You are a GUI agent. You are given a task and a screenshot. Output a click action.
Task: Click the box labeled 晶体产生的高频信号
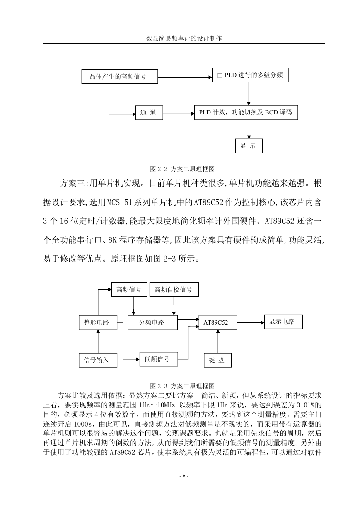(x=119, y=77)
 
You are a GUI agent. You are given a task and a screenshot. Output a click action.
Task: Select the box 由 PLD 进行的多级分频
(x=250, y=75)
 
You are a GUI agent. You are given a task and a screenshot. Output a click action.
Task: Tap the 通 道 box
(x=149, y=112)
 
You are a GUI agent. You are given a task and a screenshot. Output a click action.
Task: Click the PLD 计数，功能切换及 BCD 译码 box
(x=246, y=112)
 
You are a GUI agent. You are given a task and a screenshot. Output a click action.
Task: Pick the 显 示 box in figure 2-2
(x=249, y=146)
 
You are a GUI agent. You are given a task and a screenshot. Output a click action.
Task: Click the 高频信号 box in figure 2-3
(x=129, y=289)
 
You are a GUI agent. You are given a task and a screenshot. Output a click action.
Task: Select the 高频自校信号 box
(x=174, y=289)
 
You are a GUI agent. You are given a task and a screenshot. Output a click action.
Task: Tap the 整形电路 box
(x=98, y=322)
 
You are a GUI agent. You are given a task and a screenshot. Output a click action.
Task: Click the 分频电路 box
(x=152, y=322)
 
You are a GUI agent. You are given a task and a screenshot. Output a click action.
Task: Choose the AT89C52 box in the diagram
(x=218, y=322)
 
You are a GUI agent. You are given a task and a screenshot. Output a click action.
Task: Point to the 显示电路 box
(x=283, y=322)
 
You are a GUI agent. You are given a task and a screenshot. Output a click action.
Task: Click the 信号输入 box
(x=98, y=360)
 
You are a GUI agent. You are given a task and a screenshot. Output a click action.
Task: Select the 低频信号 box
(x=159, y=359)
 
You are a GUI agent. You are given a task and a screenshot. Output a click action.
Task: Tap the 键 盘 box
(x=217, y=360)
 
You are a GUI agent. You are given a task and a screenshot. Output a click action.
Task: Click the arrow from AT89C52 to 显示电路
(x=251, y=322)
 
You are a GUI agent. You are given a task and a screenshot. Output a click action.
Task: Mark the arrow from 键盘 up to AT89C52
(x=218, y=341)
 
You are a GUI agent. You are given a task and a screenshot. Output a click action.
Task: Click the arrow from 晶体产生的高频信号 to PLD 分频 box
(x=185, y=77)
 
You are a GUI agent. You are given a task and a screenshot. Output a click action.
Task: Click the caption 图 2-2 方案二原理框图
(x=182, y=169)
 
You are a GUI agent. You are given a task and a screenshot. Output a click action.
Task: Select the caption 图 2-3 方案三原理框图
(x=182, y=386)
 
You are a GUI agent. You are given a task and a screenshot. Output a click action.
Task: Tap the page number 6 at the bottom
(x=184, y=476)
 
